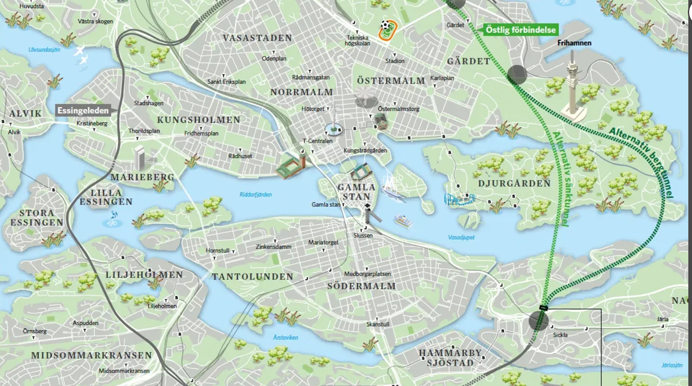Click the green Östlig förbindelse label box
tap(520, 30)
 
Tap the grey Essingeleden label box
tap(83, 110)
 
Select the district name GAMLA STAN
tap(356, 192)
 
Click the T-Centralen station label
tap(317, 141)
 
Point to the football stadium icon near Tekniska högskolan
tap(388, 30)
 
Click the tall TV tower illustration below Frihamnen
tap(574, 88)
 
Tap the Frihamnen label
tap(574, 43)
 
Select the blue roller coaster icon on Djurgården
tap(460, 199)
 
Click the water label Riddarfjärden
tap(256, 195)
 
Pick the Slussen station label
tap(363, 235)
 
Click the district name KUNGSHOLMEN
tap(198, 120)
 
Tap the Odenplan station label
tap(274, 58)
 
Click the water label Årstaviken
tap(286, 337)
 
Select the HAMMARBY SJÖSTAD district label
tap(450, 357)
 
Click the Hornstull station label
tap(218, 251)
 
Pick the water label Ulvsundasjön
tap(44, 50)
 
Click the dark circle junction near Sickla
tap(538, 320)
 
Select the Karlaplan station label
tap(442, 78)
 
